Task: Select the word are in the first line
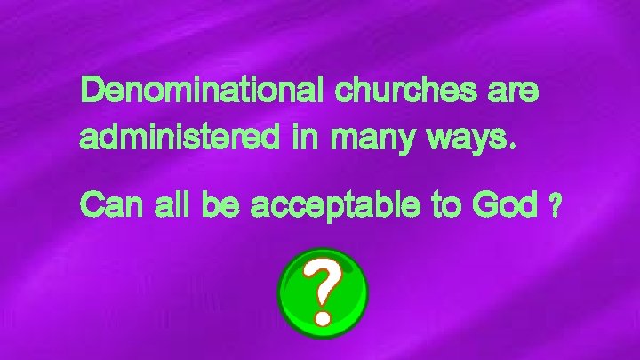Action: [x=513, y=92]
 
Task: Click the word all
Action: [x=172, y=206]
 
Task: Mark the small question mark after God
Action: [x=556, y=207]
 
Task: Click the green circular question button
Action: [x=322, y=292]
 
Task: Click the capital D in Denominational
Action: [x=92, y=92]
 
